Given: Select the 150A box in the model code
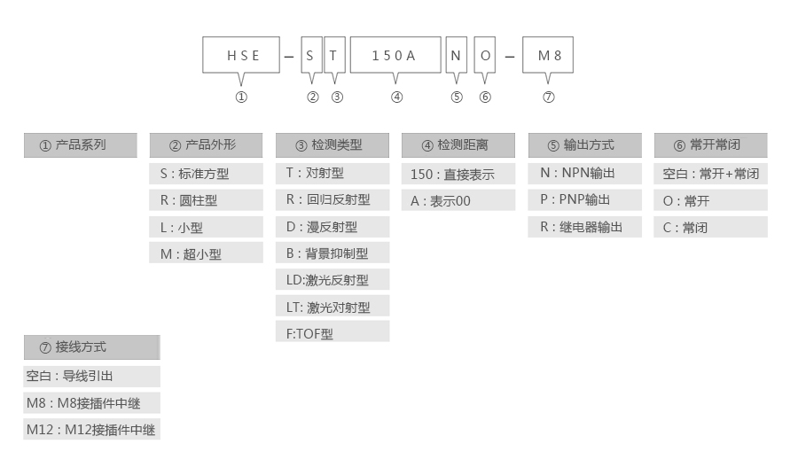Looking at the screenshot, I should [x=395, y=55].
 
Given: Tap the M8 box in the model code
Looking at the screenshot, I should [x=549, y=55].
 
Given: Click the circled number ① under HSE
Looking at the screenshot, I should [x=241, y=97].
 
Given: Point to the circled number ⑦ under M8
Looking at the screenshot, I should [x=549, y=97].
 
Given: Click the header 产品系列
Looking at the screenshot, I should [x=81, y=145].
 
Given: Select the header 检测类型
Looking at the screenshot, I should [x=332, y=145].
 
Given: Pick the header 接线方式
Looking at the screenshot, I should [x=92, y=347].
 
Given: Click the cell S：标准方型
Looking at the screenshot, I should [x=206, y=174].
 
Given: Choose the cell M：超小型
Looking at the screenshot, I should [x=206, y=253].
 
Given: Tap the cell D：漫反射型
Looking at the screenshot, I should [x=332, y=227].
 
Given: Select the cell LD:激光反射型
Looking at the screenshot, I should [x=332, y=280].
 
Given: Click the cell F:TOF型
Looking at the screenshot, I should [x=332, y=333].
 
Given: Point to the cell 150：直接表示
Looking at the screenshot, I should [x=458, y=175].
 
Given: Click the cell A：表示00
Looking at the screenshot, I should [x=458, y=201].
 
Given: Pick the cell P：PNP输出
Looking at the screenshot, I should [x=585, y=199].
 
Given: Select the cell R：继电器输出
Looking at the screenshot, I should [x=585, y=227].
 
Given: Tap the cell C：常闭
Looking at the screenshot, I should [x=710, y=228].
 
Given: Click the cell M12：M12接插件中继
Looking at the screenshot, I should [x=92, y=430].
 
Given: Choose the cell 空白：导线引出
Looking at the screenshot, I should [x=92, y=377].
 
